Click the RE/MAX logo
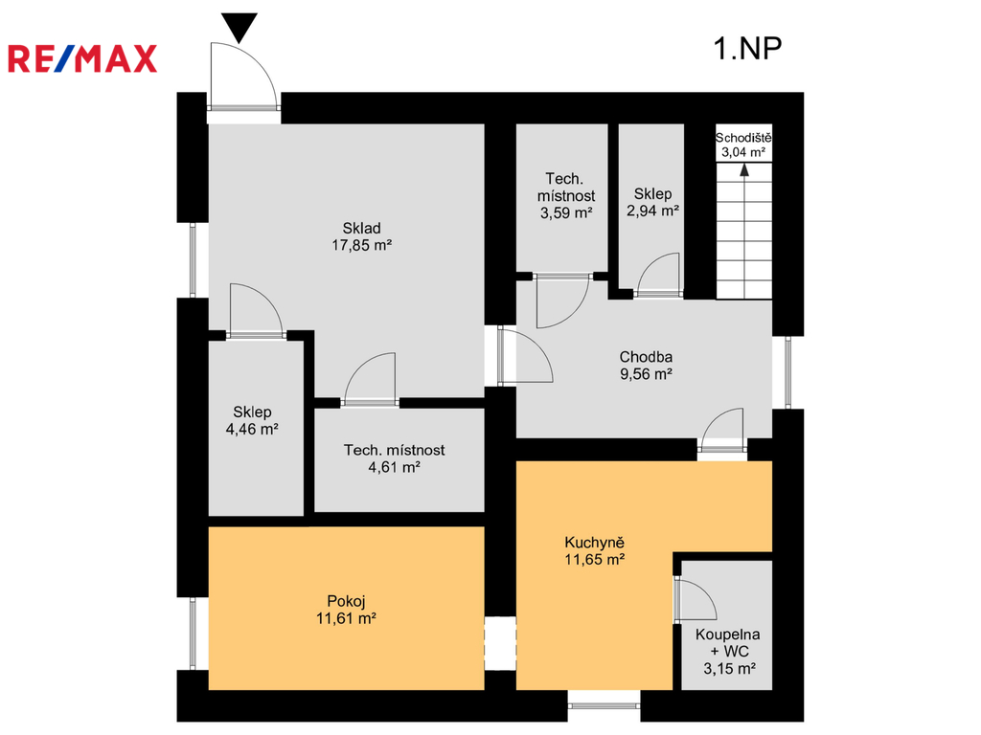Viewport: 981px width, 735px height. [x=82, y=58]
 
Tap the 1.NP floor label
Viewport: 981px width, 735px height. [x=747, y=48]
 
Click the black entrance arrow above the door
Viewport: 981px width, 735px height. [x=240, y=28]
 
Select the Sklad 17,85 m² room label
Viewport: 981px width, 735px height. [x=361, y=237]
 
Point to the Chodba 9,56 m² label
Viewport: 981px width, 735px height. [x=646, y=366]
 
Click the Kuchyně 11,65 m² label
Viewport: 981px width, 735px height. [x=594, y=550]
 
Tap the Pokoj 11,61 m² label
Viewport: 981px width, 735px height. [x=346, y=610]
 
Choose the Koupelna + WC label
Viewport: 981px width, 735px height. [x=729, y=651]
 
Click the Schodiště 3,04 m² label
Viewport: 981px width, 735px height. [x=743, y=145]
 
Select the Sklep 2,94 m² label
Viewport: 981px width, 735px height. [x=652, y=203]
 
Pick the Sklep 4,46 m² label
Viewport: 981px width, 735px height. [x=252, y=420]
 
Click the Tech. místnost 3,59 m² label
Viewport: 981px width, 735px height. [x=566, y=195]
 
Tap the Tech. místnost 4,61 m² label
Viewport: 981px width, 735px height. [x=394, y=458]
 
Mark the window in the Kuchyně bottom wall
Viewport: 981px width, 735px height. [x=604, y=705]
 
